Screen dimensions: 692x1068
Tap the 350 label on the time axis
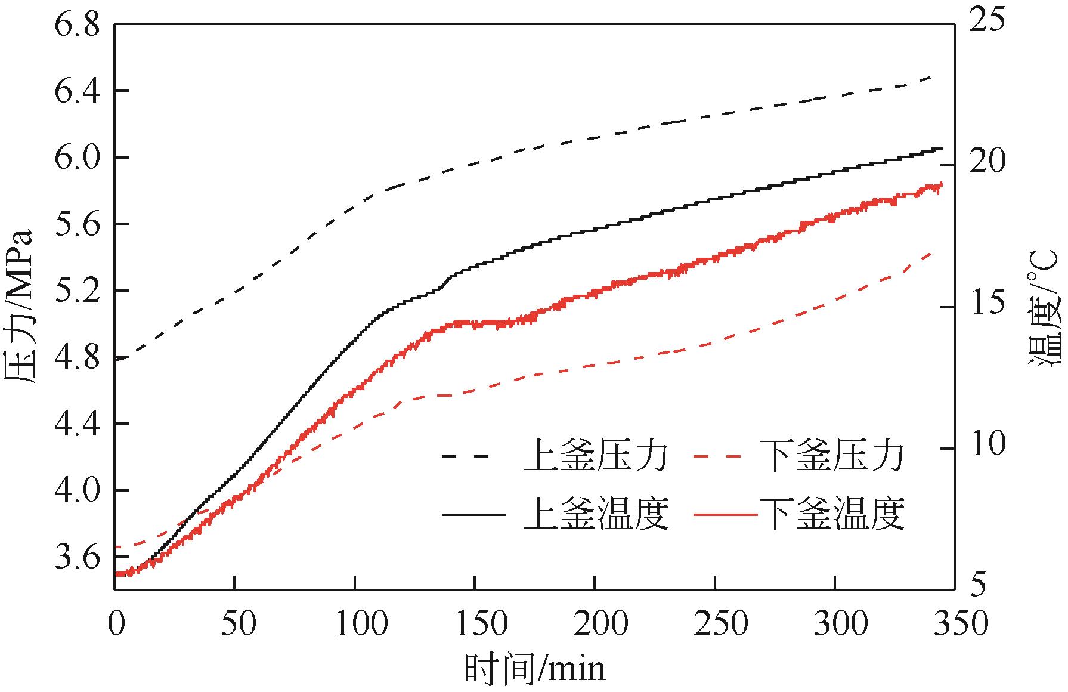pos(955,624)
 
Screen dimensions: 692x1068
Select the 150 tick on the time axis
pos(475,624)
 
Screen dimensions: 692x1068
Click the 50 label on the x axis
pos(235,624)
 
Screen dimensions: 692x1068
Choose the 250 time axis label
pos(715,624)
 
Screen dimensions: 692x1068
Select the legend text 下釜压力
pos(833,457)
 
